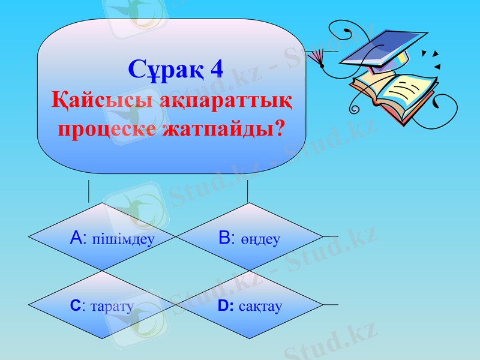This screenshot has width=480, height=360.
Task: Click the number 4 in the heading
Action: [x=217, y=69]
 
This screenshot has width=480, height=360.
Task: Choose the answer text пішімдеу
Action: [x=123, y=239]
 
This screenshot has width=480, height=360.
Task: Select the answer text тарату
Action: [x=112, y=307]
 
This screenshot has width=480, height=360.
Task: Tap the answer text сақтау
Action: [x=260, y=307]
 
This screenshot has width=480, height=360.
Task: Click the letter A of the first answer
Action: [x=76, y=238]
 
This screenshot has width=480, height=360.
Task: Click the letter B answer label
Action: [x=225, y=238]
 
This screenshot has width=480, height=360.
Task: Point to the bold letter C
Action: [x=75, y=306]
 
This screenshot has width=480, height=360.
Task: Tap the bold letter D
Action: [x=223, y=306]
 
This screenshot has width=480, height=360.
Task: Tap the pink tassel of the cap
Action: [x=315, y=57]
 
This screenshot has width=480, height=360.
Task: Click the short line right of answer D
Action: [x=331, y=305]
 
